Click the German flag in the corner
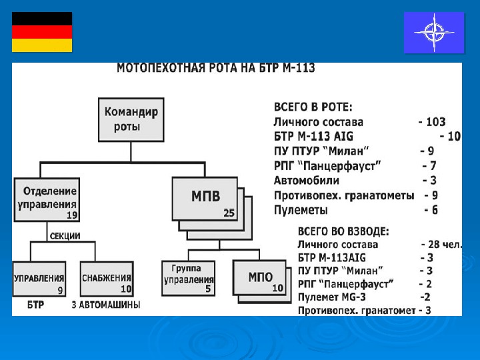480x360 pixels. coord(42,32)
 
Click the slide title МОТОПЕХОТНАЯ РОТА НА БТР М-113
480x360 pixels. coord(216,68)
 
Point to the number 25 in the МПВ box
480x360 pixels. coord(229,213)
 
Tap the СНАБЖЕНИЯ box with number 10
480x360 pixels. coord(107,283)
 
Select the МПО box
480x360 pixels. coord(259,279)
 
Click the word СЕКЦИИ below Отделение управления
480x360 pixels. coord(65,235)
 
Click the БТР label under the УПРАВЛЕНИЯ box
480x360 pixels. coord(37,305)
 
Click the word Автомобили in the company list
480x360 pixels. coord(306,181)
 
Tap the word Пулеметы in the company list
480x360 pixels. coord(301,210)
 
